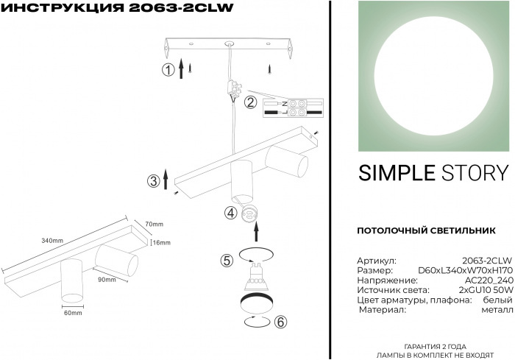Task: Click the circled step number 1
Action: point(168,70)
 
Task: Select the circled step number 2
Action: point(250,102)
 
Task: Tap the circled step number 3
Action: point(153,181)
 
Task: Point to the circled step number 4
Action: point(230,213)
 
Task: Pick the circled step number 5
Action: point(227,261)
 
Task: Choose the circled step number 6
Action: point(280,322)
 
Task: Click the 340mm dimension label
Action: point(52,241)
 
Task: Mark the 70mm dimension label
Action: point(154,225)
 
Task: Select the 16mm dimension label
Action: point(162,243)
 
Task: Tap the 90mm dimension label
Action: point(107,280)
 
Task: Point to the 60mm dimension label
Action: point(73,313)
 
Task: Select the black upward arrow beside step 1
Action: point(181,68)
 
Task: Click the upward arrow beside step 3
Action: point(166,179)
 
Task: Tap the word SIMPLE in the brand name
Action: point(397,173)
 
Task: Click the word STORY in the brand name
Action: point(475,173)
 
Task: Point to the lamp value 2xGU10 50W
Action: point(486,290)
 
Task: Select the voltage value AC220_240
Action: point(489,280)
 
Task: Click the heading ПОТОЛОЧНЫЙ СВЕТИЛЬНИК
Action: point(426,230)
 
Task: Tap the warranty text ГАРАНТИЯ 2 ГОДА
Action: point(435,347)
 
